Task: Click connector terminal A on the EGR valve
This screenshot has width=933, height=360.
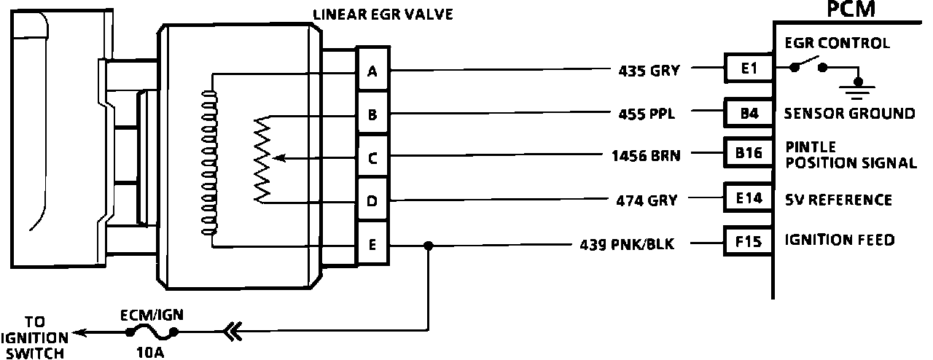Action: tap(372, 71)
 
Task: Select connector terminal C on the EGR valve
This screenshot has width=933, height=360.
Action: tap(372, 157)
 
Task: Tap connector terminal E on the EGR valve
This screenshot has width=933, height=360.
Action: tap(372, 245)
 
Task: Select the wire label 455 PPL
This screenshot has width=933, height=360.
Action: tap(647, 114)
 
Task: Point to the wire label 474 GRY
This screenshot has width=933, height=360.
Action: tap(647, 201)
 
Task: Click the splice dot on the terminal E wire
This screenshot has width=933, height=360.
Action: tap(429, 246)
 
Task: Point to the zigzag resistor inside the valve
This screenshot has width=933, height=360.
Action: tap(262, 160)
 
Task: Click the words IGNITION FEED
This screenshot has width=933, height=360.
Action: tap(839, 240)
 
